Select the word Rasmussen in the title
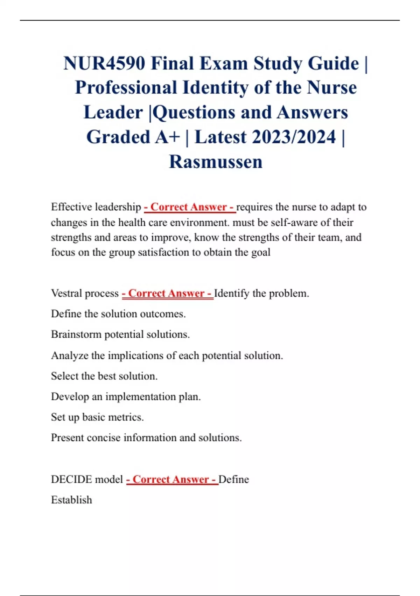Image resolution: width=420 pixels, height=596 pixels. [x=216, y=162]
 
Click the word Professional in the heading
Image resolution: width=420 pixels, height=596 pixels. [x=126, y=88]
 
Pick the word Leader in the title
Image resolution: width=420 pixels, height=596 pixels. [x=113, y=113]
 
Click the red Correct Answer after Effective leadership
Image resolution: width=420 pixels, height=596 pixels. [x=189, y=207]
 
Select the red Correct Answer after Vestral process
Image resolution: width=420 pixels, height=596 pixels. [x=167, y=293]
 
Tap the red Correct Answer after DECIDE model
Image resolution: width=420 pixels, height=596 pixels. [x=172, y=479]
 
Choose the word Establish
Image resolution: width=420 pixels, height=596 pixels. [x=71, y=500]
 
